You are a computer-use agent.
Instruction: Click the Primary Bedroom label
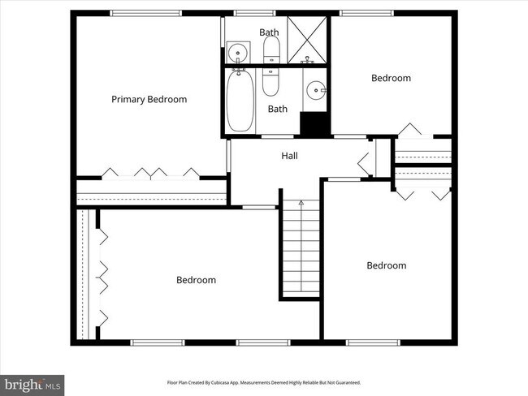point(149,100)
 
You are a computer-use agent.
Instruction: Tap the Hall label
point(289,156)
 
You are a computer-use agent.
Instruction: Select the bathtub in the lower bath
point(239,101)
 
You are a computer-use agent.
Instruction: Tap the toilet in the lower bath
point(271,82)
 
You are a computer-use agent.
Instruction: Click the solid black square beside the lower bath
point(314,124)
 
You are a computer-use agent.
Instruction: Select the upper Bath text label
point(269,32)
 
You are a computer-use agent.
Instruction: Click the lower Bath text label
point(278,109)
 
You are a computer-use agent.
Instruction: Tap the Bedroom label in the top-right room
point(391,79)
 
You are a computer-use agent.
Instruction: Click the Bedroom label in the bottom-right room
point(386,265)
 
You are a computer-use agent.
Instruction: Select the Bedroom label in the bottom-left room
point(196,280)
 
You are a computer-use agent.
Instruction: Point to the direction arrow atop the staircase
point(301,201)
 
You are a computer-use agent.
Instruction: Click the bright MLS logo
point(32,384)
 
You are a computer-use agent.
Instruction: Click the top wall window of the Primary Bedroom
point(134,13)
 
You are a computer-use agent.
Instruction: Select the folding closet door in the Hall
point(363,157)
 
